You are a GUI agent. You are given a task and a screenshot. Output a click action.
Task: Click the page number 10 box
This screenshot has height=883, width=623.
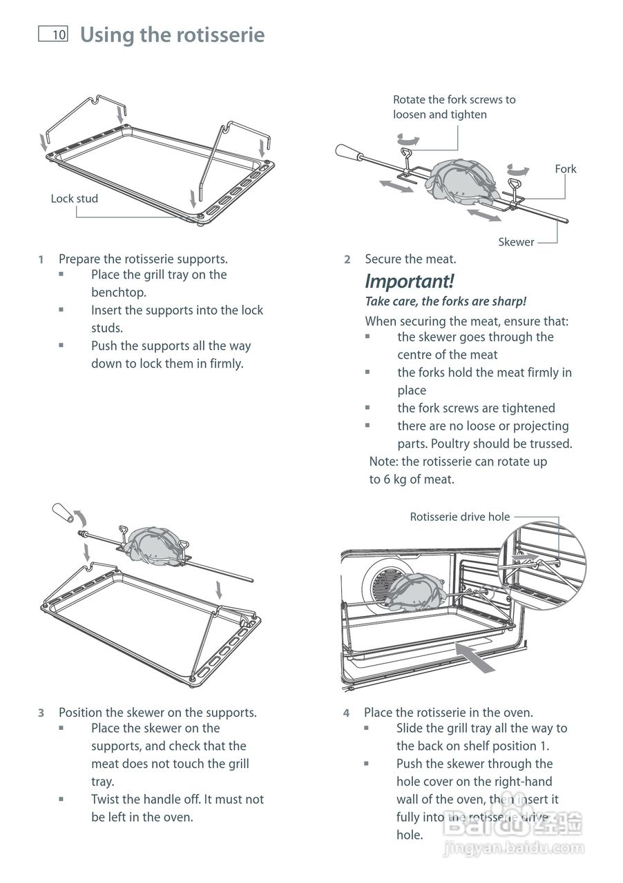coord(53,34)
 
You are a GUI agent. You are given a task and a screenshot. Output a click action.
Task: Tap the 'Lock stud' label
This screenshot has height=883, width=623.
coord(74,199)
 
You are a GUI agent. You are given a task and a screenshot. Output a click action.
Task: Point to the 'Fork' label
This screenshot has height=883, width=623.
coord(565,169)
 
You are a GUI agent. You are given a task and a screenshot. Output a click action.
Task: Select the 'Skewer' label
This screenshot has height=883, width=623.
coord(516,242)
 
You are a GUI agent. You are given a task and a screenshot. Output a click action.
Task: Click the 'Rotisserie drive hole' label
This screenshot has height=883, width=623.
coord(459,517)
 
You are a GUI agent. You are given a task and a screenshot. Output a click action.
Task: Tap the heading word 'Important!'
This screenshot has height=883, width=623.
coord(409,281)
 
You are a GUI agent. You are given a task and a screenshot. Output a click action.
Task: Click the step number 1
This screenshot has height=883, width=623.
coord(41,259)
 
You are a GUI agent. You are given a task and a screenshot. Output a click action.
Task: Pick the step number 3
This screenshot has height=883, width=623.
coord(41,713)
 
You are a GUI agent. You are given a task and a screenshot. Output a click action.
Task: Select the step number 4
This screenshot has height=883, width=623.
coord(347,713)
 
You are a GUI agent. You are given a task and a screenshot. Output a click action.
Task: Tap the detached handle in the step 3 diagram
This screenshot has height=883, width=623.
coord(62,514)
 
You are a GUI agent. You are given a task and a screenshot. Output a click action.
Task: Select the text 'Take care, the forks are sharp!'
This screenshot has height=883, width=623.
coord(445,301)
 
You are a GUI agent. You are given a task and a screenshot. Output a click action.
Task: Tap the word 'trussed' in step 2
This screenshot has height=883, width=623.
coord(548,444)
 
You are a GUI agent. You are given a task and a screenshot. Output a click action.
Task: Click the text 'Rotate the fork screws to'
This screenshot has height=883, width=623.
coord(454,100)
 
